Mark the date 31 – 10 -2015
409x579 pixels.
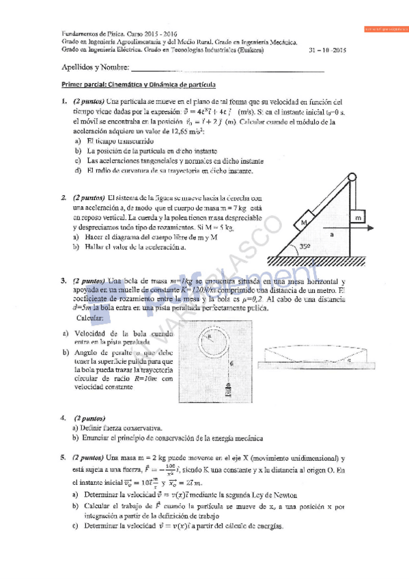coord(328,50)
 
